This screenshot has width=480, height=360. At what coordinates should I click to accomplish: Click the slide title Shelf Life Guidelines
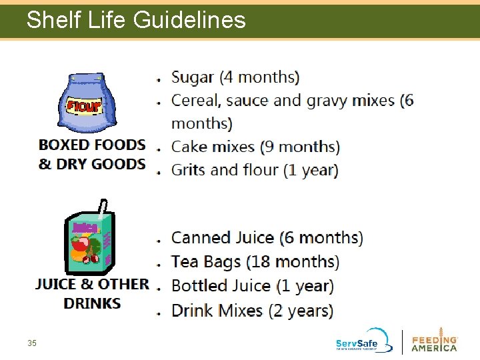(x=136, y=20)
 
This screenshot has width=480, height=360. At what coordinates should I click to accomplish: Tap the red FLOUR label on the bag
(x=83, y=106)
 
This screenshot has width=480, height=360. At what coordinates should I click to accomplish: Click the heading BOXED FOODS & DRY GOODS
(x=92, y=154)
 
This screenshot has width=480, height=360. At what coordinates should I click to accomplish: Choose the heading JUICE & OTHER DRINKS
(x=92, y=293)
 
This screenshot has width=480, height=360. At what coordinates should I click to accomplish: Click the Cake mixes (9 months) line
(x=255, y=147)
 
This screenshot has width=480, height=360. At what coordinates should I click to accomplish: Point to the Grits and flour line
(x=255, y=170)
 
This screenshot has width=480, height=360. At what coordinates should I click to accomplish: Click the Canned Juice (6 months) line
(x=267, y=238)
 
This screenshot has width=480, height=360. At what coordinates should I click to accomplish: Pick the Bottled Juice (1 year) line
(x=252, y=286)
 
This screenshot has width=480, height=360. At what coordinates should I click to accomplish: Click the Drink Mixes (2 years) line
(x=252, y=311)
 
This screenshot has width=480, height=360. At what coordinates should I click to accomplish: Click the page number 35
(x=32, y=343)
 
